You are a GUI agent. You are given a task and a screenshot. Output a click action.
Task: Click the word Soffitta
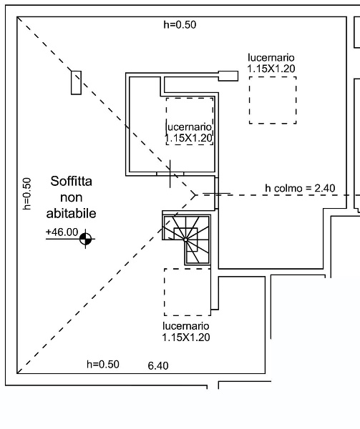[71, 181]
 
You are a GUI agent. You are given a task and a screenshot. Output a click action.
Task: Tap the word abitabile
[71, 213]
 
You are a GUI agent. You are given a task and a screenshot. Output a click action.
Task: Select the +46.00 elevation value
[62, 232]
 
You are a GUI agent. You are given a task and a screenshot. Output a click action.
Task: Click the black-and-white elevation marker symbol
[85, 239]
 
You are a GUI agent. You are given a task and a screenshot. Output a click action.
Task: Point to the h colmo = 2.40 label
[300, 188]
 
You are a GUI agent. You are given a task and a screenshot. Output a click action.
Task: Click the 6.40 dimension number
[158, 365]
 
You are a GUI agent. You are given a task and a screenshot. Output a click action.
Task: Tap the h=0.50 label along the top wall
[180, 24]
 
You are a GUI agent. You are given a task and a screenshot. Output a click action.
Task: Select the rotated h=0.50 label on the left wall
[26, 194]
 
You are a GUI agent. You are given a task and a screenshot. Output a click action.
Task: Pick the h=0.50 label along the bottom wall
[103, 365]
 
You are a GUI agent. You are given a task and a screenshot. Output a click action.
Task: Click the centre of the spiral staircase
[185, 240]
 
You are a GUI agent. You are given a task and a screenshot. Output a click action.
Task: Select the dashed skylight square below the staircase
[165, 292]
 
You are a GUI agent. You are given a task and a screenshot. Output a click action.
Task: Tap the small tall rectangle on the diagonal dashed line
[76, 83]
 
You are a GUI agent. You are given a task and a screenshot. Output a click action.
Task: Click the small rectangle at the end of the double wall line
[228, 76]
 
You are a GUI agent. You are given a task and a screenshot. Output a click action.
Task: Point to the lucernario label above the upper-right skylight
[271, 57]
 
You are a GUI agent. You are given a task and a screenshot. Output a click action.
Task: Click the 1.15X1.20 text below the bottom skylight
[186, 337]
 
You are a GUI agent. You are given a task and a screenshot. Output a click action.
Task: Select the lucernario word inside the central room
[189, 127]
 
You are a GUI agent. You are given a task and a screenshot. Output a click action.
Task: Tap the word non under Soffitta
[71, 197]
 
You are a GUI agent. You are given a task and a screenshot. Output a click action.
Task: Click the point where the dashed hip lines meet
[195, 194]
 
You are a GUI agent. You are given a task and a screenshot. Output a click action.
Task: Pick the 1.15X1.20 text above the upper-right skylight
[271, 69]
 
